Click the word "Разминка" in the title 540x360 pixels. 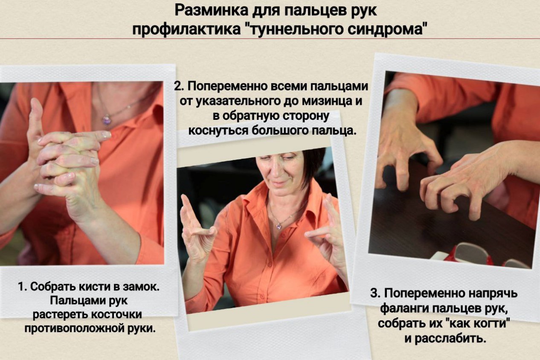211,11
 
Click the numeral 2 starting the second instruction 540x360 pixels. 178,87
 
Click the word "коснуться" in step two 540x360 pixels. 218,131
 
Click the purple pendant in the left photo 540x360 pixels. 106,119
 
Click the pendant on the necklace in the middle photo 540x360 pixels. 279,226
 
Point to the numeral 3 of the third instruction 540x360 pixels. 374,293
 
